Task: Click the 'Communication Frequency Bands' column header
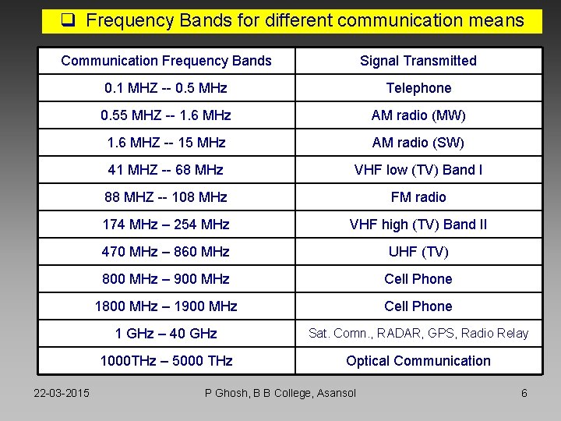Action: [166, 61]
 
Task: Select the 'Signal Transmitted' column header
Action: [418, 61]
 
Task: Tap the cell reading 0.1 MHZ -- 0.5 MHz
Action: [166, 88]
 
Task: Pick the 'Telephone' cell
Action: [418, 88]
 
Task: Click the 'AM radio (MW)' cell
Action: [418, 115]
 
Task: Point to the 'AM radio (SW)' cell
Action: [418, 143]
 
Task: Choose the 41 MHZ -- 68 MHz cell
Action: [166, 170]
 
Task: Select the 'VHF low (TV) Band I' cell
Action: [418, 170]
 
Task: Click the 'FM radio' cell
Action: [418, 197]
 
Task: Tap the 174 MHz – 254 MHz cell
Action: [166, 225]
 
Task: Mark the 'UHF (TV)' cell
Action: [418, 252]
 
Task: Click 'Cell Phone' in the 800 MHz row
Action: [418, 279]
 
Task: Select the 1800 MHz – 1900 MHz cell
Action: [166, 306]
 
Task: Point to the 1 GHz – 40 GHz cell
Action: [166, 334]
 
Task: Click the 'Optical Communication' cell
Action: [418, 361]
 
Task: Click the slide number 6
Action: [524, 393]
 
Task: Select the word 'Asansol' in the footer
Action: [335, 393]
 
